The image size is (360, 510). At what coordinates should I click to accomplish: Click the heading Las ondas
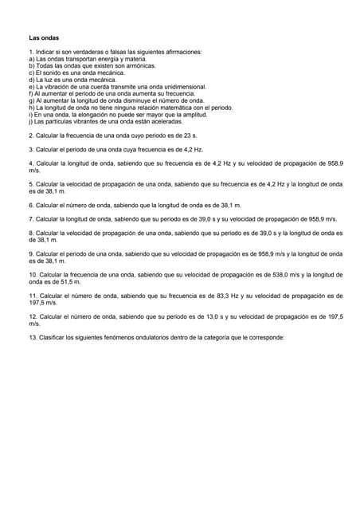coord(44,37)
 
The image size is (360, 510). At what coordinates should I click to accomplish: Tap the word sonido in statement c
coord(53,73)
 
